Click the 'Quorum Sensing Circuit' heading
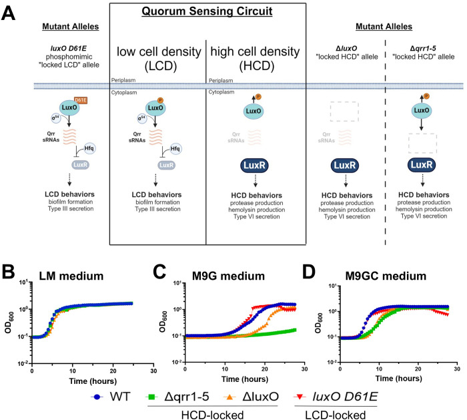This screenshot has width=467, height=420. coord(218,13)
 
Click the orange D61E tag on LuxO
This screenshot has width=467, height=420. coord(69,101)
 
